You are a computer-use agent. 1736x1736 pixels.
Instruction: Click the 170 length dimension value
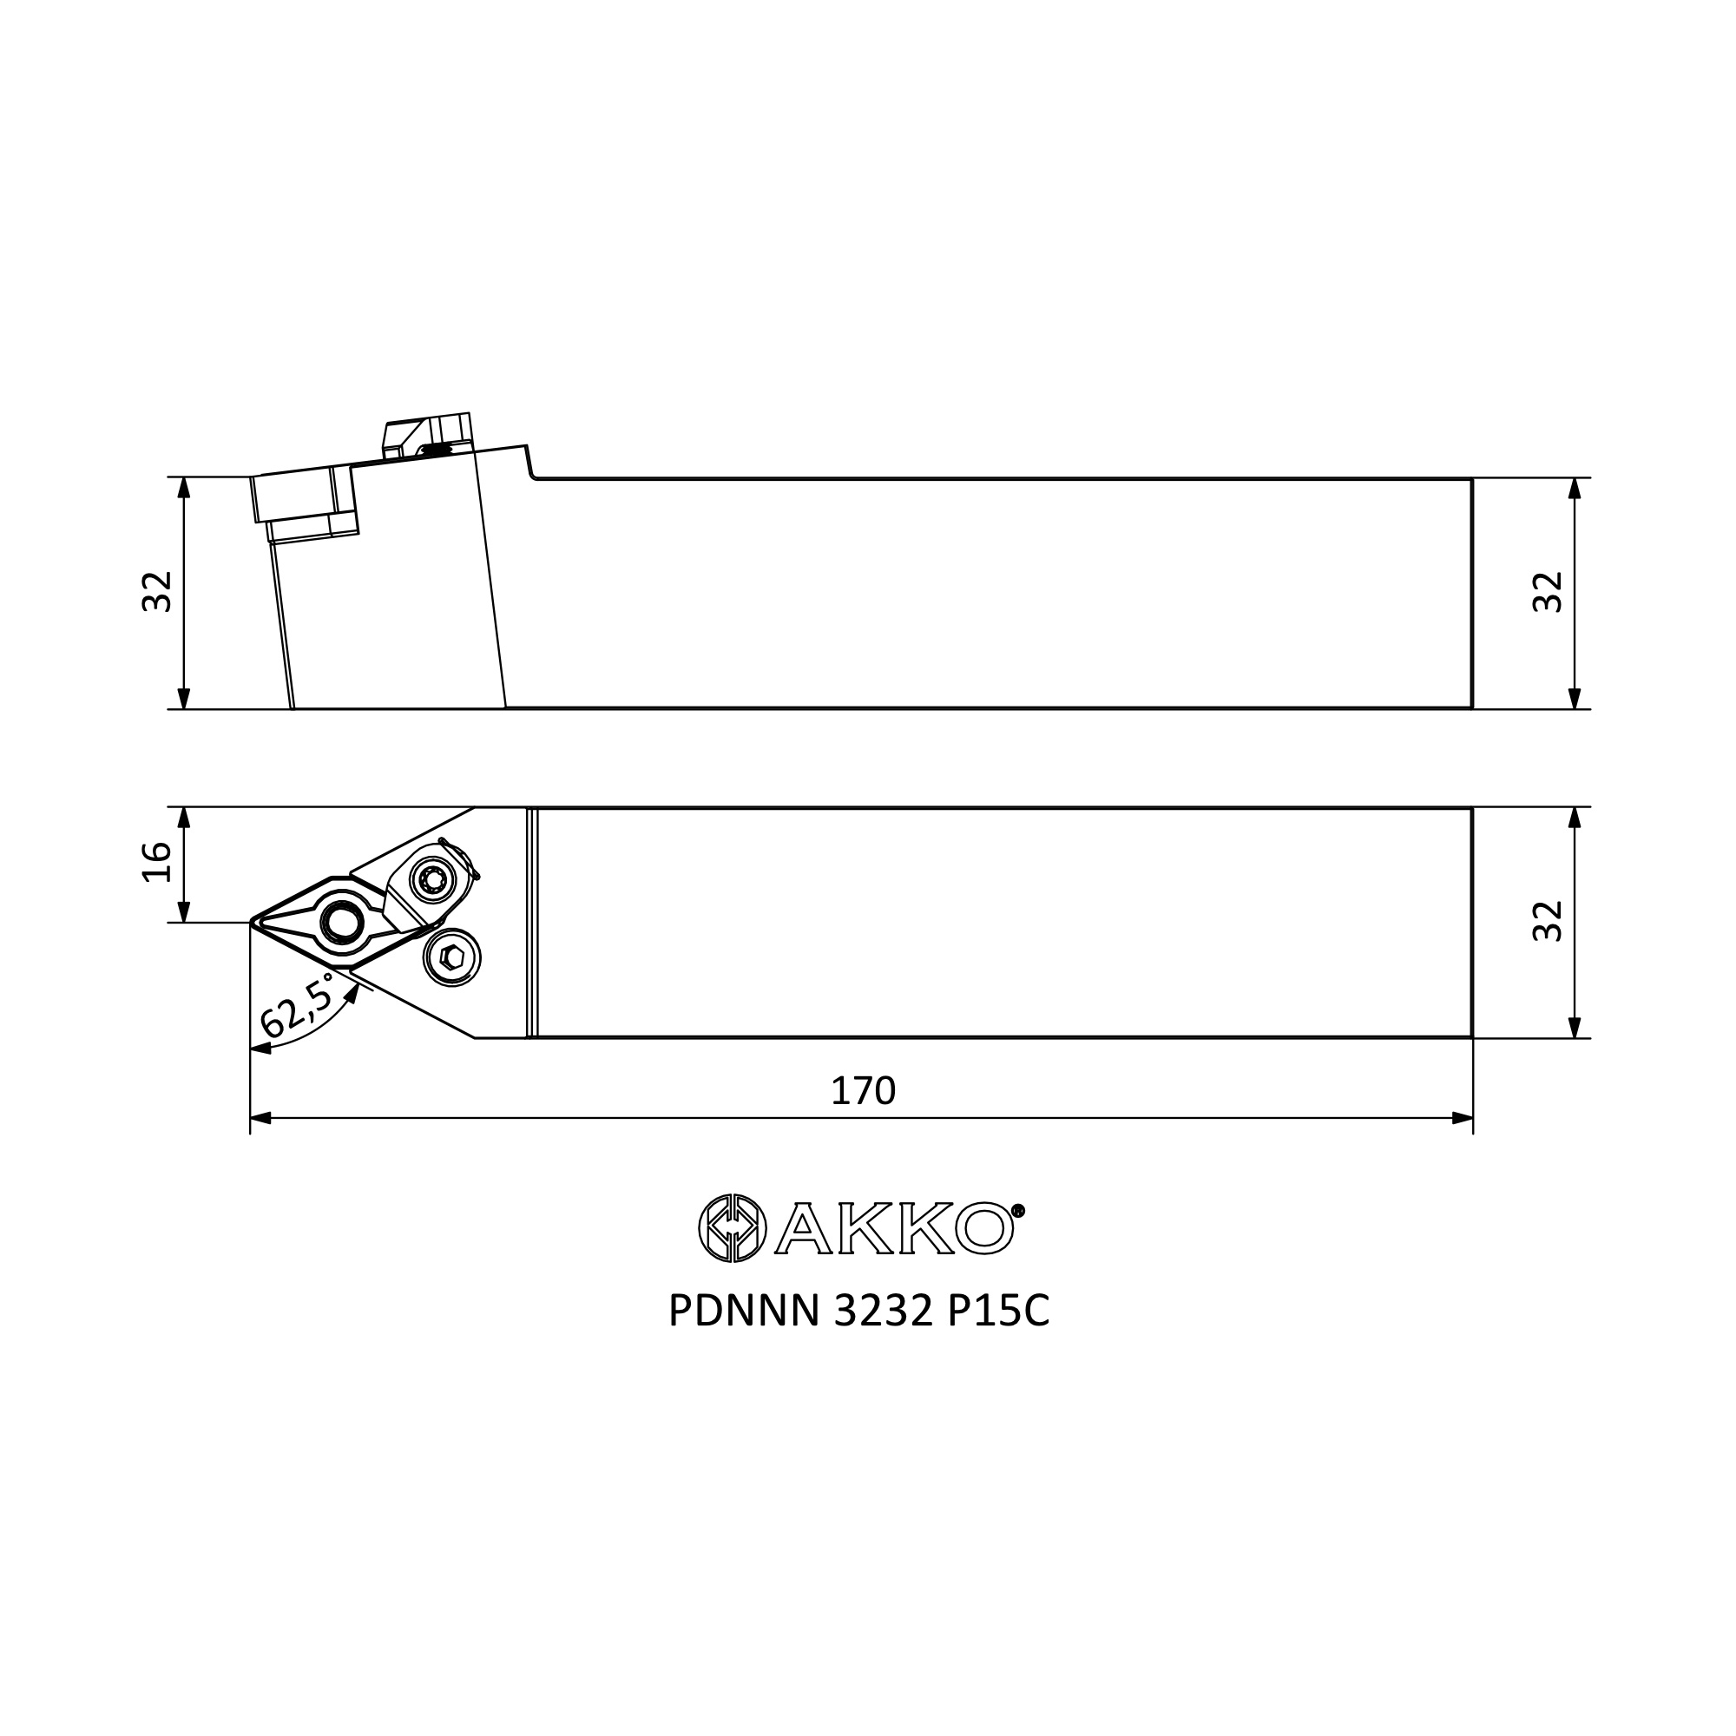pyautogui.click(x=863, y=1091)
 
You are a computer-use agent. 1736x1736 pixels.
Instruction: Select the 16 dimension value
pyautogui.click(x=157, y=863)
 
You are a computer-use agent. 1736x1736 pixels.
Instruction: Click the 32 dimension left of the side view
pyautogui.click(x=157, y=591)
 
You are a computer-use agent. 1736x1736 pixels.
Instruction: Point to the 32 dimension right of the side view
pyautogui.click(x=1548, y=591)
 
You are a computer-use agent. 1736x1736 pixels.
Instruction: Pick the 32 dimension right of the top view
pyautogui.click(x=1548, y=921)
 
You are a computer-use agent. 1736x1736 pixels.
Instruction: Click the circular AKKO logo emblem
pyautogui.click(x=733, y=1228)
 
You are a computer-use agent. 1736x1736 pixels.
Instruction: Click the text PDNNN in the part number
pyautogui.click(x=744, y=1312)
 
